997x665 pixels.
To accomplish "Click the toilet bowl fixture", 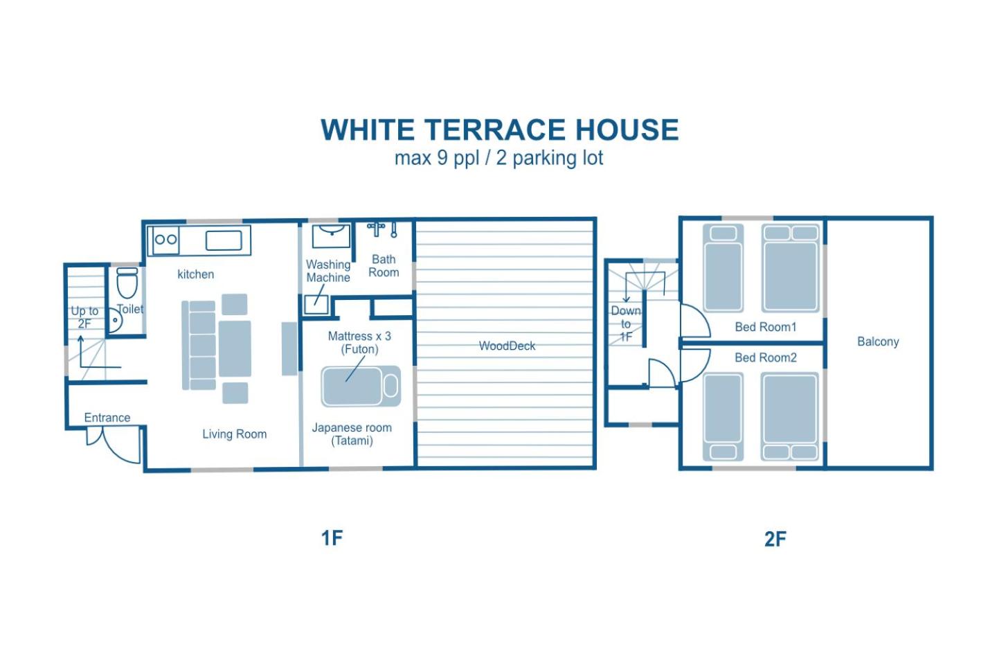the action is pos(127,283).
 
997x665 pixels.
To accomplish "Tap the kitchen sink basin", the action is pos(224,240).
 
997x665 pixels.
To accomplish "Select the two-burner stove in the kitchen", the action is pos(165,240).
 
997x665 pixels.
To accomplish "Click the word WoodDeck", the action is pos(507,346).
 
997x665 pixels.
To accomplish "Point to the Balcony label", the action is pos(878,342).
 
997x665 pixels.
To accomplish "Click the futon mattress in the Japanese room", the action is pos(361,386).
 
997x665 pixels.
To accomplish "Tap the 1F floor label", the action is pos(332,538).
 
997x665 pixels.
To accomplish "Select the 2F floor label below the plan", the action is pos(775,539).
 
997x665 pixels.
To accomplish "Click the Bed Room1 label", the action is pos(766,327).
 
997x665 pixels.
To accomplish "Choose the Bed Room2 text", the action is pos(766,357).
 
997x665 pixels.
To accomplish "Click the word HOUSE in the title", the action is pos(627,130).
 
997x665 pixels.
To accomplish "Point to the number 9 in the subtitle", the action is pos(442,158).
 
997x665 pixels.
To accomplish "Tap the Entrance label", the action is pos(107,417).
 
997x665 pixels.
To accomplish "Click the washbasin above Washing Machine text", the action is pos(331,236).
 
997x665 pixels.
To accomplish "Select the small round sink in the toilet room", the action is pos(115,320).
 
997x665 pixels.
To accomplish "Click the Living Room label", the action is pos(235,434).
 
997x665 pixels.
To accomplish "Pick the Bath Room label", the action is pos(384,266).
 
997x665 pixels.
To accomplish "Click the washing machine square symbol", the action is pos(316,305).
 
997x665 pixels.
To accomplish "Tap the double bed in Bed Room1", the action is pos(791,268).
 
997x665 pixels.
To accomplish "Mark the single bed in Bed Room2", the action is pos(724,417).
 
